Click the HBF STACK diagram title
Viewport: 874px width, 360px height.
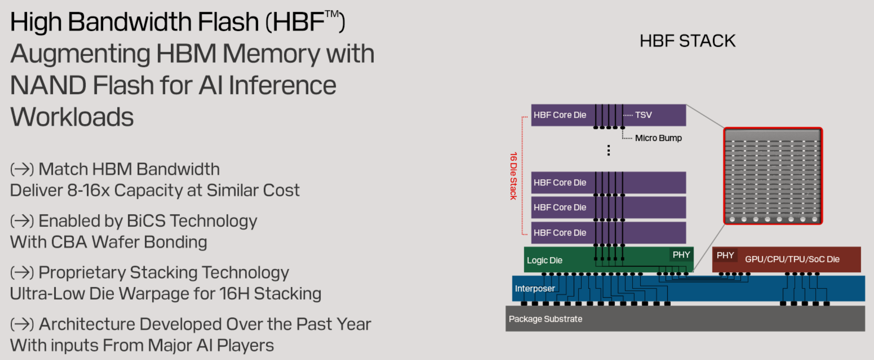(x=687, y=41)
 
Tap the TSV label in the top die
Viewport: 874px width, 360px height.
(x=643, y=115)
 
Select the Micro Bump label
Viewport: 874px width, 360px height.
(x=658, y=138)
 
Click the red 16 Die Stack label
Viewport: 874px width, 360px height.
(x=513, y=176)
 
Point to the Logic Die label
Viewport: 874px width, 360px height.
(x=544, y=260)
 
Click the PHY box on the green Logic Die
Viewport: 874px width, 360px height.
(x=681, y=255)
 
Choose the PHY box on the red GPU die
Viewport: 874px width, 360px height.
(x=725, y=255)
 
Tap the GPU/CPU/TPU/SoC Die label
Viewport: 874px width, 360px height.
(x=792, y=259)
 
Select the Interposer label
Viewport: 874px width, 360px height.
(x=535, y=288)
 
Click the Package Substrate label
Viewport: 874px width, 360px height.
(x=545, y=319)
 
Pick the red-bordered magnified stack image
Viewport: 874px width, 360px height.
(x=773, y=176)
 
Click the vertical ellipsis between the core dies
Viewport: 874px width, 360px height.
(x=609, y=150)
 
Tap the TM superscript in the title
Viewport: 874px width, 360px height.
(x=332, y=14)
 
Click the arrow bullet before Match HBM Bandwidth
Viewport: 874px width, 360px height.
(x=22, y=169)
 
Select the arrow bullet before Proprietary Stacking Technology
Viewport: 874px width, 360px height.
(x=22, y=272)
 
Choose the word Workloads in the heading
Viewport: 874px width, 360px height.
(x=72, y=117)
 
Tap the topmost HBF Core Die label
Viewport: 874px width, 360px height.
(x=560, y=115)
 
